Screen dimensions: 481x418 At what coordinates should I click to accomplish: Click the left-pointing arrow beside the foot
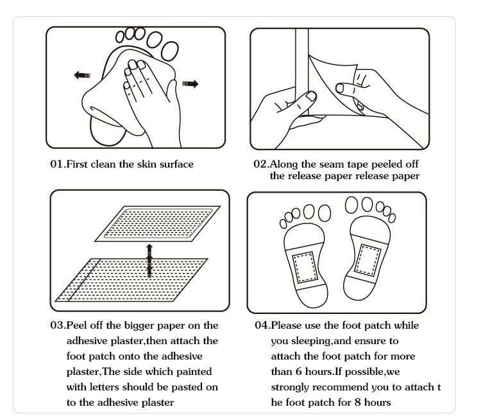point(82,75)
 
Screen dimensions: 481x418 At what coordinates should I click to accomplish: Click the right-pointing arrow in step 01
point(190,83)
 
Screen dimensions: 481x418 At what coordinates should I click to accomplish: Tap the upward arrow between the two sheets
point(149,261)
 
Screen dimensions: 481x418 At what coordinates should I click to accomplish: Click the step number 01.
point(56,164)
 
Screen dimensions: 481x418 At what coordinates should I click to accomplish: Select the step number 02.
point(260,164)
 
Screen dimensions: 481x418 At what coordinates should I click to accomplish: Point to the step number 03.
point(57,326)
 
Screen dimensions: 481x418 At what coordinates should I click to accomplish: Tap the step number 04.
point(262,326)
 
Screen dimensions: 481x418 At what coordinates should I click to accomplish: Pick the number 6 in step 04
point(298,372)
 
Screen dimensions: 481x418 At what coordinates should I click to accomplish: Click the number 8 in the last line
point(357,403)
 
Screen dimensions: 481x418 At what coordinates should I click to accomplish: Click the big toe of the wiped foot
point(170,51)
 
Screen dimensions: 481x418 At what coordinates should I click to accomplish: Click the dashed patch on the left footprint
point(305,267)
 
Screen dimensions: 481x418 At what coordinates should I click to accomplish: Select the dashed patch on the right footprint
point(367,260)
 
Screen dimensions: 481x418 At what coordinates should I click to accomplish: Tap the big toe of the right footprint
point(351,205)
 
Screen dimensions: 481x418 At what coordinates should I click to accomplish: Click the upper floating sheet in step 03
point(158,223)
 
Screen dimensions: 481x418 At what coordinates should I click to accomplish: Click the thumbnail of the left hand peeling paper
point(311,96)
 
